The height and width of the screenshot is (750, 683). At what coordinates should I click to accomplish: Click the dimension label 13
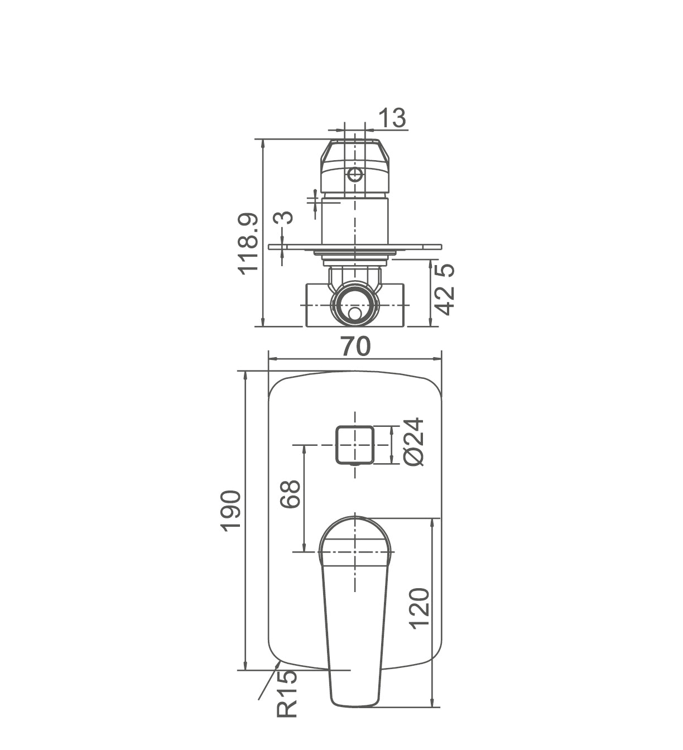pyautogui.click(x=392, y=118)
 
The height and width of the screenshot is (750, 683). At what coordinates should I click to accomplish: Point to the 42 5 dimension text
pyautogui.click(x=444, y=289)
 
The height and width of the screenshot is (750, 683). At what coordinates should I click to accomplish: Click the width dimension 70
pyautogui.click(x=355, y=347)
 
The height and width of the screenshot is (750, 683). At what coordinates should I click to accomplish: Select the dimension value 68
pyautogui.click(x=291, y=493)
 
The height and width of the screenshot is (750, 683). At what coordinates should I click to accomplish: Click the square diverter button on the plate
pyautogui.click(x=354, y=444)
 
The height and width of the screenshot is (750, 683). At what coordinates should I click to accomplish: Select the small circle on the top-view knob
pyautogui.click(x=355, y=175)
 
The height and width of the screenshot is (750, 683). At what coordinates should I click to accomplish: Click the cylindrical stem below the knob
pyautogui.click(x=354, y=222)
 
